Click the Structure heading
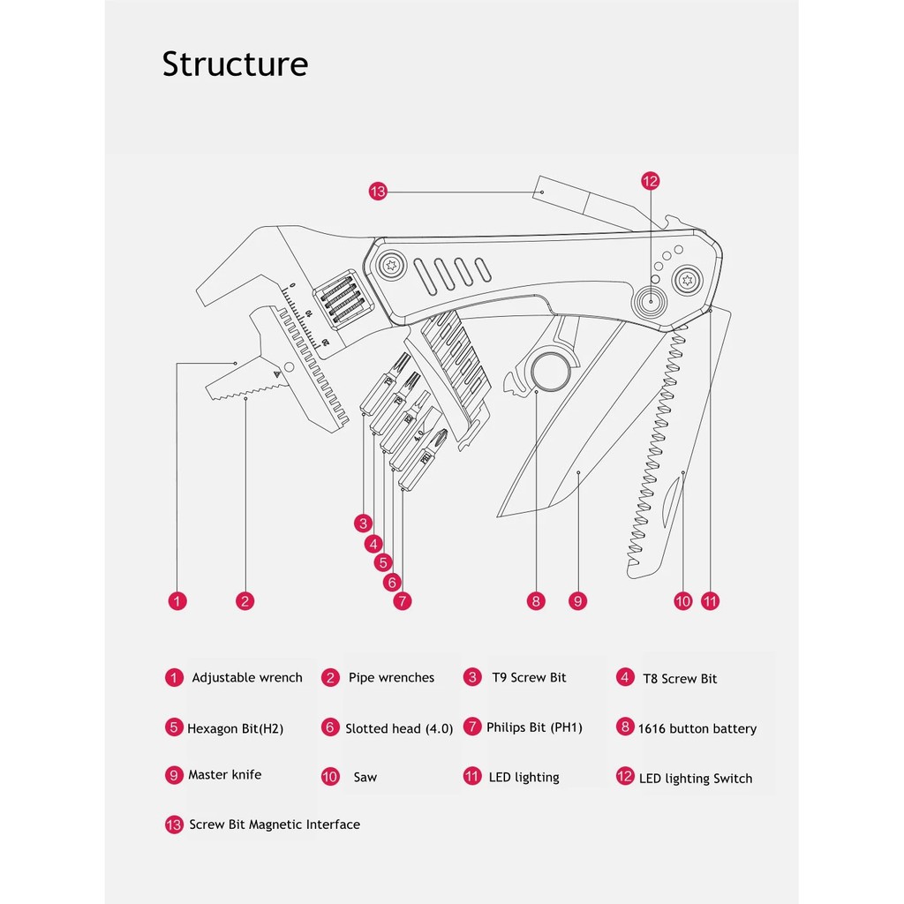235,64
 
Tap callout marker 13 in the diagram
378,191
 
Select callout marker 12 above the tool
651,181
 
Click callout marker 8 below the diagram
536,601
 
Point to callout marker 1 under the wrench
177,601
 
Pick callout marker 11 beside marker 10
711,601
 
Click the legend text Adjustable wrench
247,678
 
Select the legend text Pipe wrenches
391,678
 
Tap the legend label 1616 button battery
697,729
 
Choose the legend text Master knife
224,775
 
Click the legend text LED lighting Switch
696,779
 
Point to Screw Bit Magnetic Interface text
275,825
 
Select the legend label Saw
365,778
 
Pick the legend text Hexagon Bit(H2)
235,729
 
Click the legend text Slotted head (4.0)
399,729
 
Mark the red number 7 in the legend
472,727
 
